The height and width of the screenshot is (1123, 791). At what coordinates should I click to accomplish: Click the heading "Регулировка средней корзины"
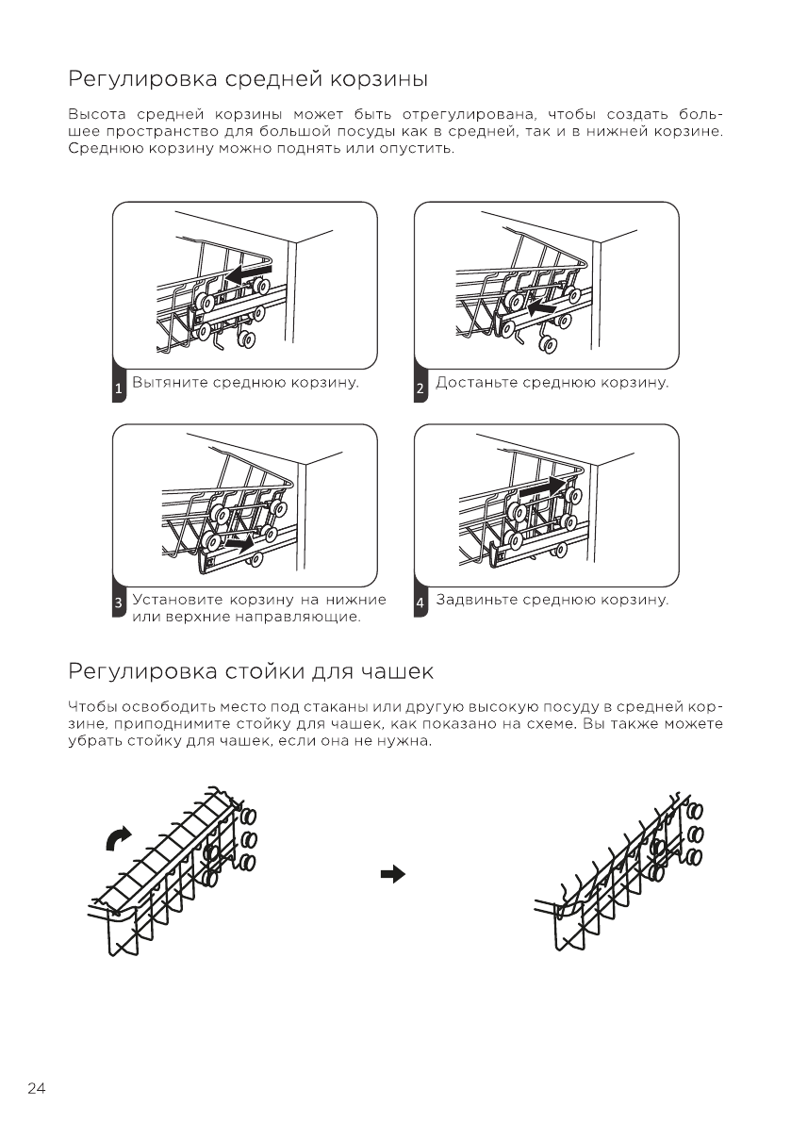click(x=249, y=76)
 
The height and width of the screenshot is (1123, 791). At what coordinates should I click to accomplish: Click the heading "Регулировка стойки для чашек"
click(x=251, y=672)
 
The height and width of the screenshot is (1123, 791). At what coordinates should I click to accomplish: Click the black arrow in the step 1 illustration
click(x=250, y=273)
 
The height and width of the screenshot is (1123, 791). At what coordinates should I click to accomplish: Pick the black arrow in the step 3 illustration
click(x=239, y=543)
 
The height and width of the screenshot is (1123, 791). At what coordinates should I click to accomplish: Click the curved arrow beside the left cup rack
click(x=119, y=835)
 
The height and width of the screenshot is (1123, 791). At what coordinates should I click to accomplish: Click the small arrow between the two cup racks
click(x=391, y=874)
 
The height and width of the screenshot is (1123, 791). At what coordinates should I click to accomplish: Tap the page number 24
click(x=37, y=1089)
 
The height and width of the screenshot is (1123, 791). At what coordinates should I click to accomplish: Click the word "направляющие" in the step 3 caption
click(x=304, y=617)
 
